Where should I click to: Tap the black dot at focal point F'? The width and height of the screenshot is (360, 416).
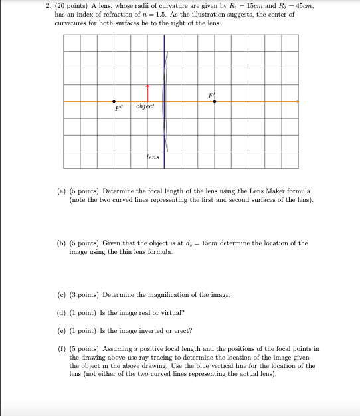pyautogui.click(x=214, y=102)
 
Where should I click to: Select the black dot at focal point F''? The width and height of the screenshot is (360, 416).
pyautogui.click(x=114, y=102)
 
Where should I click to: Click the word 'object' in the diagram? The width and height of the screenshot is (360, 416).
pyautogui.click(x=145, y=107)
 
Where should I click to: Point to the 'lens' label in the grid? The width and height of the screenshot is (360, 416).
pyautogui.click(x=153, y=157)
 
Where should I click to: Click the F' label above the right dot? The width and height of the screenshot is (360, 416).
pyautogui.click(x=211, y=95)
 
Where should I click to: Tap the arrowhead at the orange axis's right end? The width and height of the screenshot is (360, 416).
pyautogui.click(x=297, y=102)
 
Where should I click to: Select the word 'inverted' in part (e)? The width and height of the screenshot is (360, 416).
pyautogui.click(x=147, y=331)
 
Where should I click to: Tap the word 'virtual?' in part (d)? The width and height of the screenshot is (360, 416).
pyautogui.click(x=171, y=312)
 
